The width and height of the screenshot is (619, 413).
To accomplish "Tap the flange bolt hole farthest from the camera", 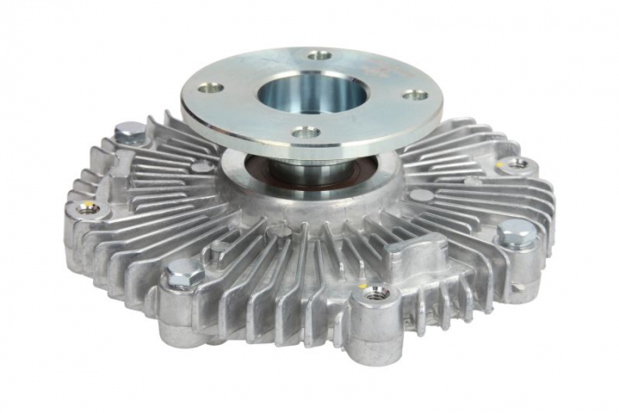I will tap(319, 55).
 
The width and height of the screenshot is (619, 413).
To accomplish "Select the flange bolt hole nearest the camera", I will tap(305, 132).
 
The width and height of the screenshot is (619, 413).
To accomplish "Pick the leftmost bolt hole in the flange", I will tap(210, 88).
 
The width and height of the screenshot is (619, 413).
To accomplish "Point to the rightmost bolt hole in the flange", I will tap(414, 96).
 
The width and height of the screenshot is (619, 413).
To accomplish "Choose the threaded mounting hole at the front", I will tap(376, 291).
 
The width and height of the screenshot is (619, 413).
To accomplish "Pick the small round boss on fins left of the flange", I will tap(202, 166).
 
